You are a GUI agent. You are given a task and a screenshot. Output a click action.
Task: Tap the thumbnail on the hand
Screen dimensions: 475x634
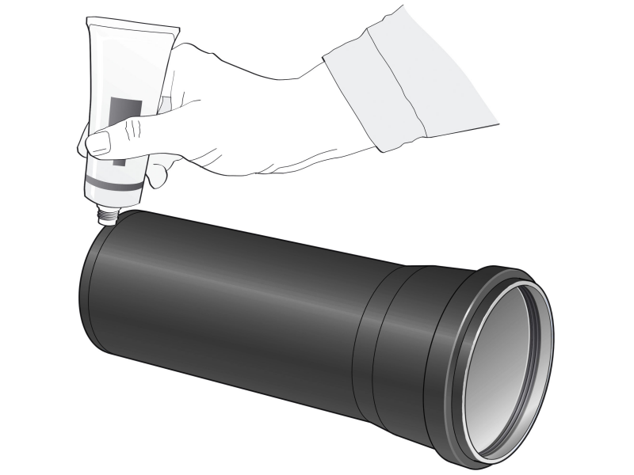pos(98,143)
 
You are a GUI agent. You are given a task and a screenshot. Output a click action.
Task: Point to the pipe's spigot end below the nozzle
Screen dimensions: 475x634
pos(99,293)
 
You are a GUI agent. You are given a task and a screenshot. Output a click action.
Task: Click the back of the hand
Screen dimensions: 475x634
pos(238,103)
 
